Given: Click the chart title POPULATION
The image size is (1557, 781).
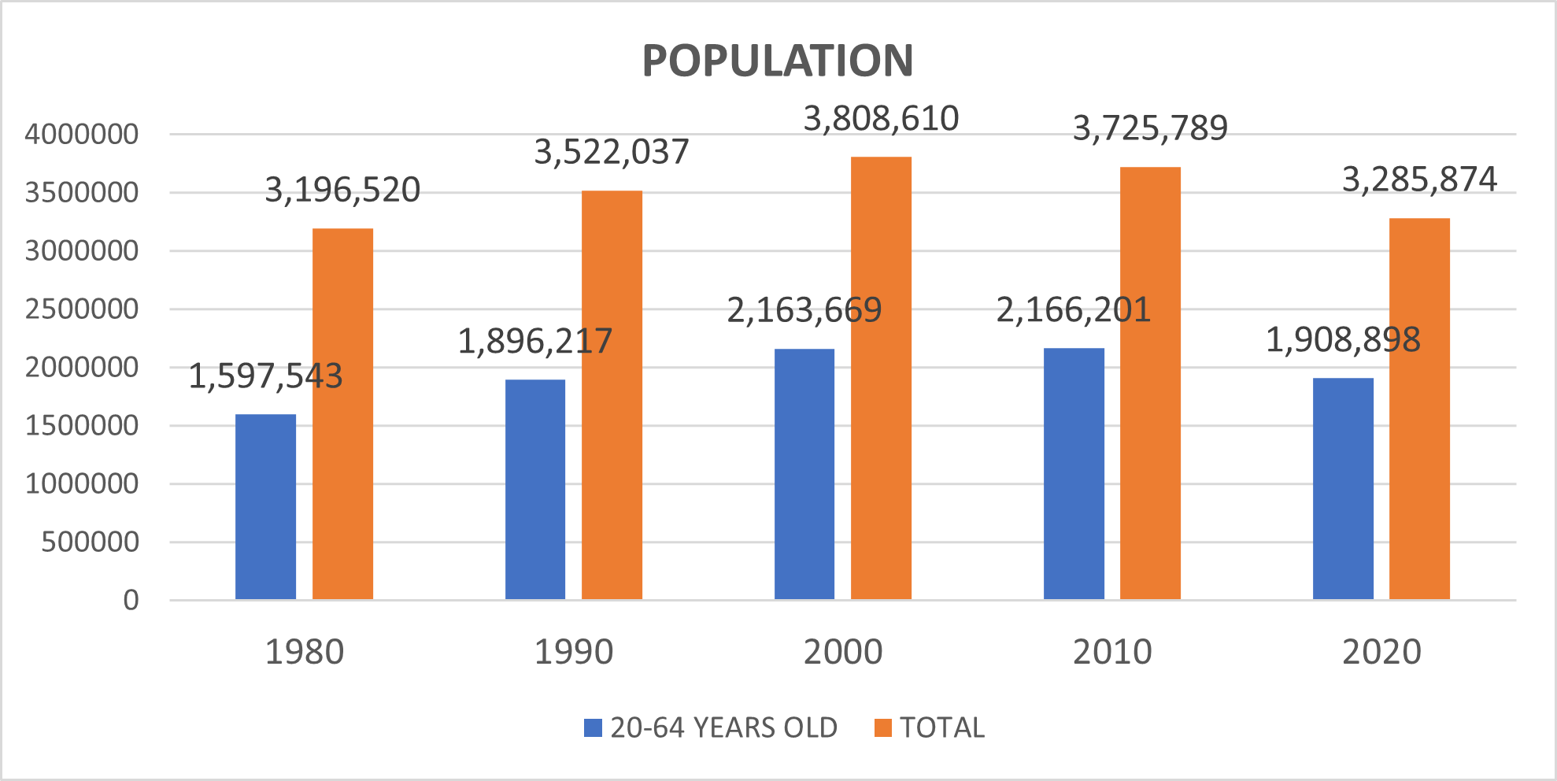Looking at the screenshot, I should point(777,61).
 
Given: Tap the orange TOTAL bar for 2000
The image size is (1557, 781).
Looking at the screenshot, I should point(881,378).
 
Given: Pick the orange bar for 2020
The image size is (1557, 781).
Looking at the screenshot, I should point(1419,409).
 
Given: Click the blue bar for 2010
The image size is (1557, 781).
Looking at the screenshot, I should point(1074,473).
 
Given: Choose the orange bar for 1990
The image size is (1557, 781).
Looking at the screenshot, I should point(612,394).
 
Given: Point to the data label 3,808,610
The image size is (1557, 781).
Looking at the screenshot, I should point(881,119).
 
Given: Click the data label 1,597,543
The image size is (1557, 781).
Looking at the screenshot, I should point(265,376).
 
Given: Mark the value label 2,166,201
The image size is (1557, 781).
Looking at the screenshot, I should point(1074,310).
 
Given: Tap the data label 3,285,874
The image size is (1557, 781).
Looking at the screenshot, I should point(1419,180).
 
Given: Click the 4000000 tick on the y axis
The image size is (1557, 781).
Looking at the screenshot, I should point(82,135).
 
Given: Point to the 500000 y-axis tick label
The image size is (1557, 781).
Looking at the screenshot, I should point(90,542).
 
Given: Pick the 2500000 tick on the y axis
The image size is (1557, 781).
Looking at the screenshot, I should point(82,309).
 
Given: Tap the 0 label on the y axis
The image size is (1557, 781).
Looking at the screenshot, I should point(131,601).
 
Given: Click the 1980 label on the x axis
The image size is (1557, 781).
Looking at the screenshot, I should point(304,652).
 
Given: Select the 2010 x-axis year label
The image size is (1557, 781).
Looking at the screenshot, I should point(1112,652).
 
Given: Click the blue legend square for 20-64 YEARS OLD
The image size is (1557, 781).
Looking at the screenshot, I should point(593,727).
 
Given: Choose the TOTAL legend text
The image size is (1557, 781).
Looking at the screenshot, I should point(942,727).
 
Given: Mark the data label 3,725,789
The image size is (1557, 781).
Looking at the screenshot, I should point(1150,128).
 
